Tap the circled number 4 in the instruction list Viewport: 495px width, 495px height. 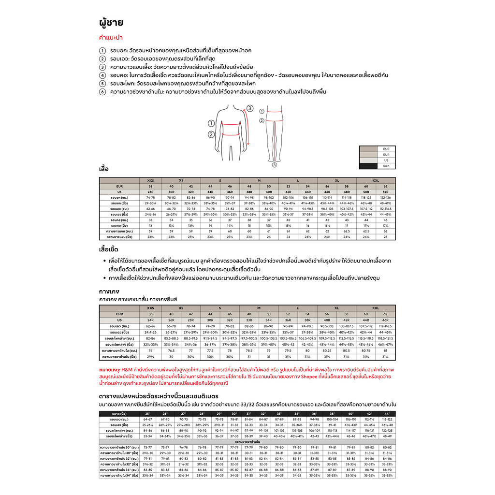102,75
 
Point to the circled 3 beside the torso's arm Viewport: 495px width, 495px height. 249,108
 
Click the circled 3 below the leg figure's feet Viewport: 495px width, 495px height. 274,165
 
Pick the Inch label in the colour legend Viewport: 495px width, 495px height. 386,166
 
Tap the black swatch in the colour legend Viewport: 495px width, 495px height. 368,166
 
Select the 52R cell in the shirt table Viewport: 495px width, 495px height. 385,192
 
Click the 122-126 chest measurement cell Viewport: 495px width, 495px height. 385,197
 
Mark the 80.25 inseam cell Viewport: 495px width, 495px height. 326,350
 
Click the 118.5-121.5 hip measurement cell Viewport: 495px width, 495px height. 385,338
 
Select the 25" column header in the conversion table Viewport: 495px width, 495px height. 148,414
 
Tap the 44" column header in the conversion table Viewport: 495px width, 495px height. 387,414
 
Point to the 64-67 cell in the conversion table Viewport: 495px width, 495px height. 148,420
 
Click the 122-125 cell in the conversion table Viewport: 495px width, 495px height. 387,430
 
